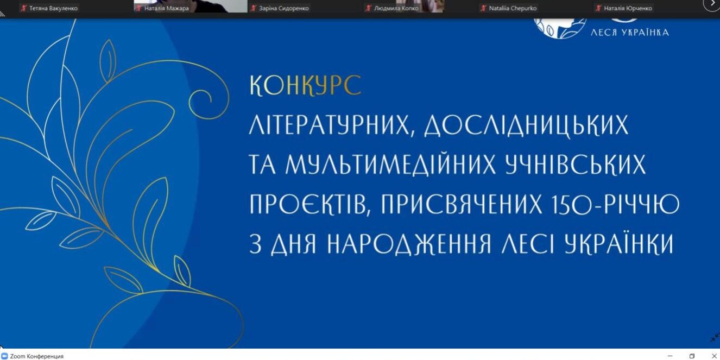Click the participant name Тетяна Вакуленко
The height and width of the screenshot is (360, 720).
(53, 8)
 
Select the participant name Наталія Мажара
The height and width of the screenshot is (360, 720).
(166, 8)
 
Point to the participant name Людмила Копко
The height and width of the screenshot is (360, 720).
(396, 8)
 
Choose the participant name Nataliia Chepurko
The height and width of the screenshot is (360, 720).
(513, 8)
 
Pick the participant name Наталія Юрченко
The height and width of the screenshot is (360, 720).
(628, 8)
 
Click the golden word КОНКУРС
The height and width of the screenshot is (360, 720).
(305, 86)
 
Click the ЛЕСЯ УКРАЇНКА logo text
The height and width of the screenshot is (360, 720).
(629, 32)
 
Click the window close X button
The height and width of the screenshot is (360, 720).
(714, 356)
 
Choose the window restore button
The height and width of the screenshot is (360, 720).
(692, 356)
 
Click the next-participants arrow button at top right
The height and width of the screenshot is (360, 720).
(711, 4)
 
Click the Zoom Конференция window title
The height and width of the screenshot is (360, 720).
(36, 356)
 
